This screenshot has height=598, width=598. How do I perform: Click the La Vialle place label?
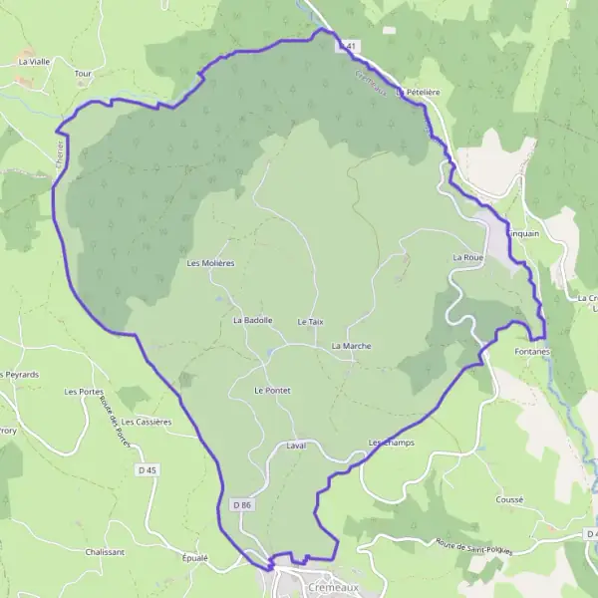[34, 61]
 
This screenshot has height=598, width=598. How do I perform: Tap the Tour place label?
[83, 73]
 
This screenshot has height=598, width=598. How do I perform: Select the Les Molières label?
[210, 263]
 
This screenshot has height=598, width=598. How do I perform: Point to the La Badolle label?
[252, 321]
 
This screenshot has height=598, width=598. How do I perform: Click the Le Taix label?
[311, 322]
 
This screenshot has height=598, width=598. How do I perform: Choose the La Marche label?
[352, 346]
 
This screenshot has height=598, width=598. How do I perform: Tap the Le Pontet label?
[272, 391]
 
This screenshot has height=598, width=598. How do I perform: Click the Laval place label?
[295, 446]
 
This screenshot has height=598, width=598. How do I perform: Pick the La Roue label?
[467, 257]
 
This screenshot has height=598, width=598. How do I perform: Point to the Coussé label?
[509, 499]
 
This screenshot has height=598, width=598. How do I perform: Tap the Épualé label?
[195, 557]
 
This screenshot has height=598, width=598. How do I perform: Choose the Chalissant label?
[105, 552]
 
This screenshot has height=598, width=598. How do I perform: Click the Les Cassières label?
[149, 422]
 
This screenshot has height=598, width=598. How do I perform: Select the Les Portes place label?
[84, 392]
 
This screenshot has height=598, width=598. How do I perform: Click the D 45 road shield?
[149, 469]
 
